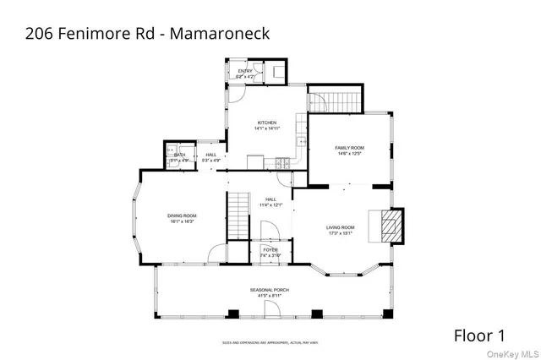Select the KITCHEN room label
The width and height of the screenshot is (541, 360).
pyautogui.click(x=267, y=123)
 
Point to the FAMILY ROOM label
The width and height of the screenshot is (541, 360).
pyautogui.click(x=349, y=148)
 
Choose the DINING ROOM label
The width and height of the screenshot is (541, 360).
pyautogui.click(x=182, y=215)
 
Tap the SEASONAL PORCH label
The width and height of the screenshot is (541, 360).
pyautogui.click(x=270, y=290)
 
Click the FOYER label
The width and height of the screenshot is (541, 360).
pyautogui.click(x=270, y=249)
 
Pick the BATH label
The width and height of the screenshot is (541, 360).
pyautogui.click(x=180, y=155)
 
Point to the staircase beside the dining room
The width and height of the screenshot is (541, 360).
pyautogui.click(x=239, y=215)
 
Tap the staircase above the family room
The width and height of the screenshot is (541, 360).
pyautogui.click(x=334, y=101)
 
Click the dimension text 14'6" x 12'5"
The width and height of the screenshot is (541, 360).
pyautogui.click(x=349, y=154)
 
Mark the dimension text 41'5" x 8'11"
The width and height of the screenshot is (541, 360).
pyautogui.click(x=270, y=296)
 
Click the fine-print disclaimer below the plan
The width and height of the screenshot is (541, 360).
pyautogui.click(x=270, y=342)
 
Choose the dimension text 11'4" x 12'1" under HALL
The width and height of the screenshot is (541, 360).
pyautogui.click(x=270, y=205)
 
